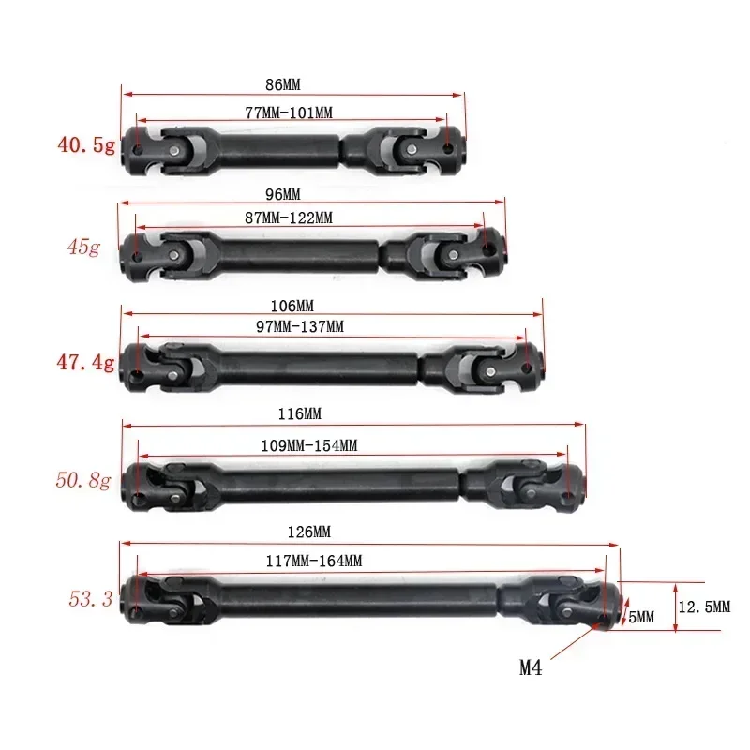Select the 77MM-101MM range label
point(289,112)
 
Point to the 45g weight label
point(82,248)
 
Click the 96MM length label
point(283,194)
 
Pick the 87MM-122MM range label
point(289,217)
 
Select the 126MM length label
point(310,532)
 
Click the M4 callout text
point(532,668)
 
